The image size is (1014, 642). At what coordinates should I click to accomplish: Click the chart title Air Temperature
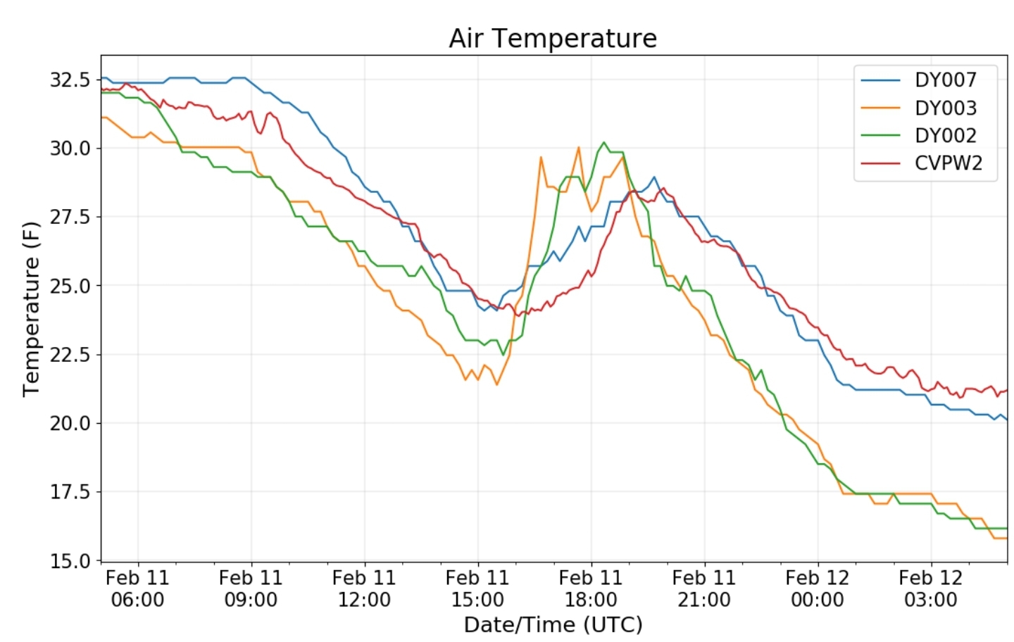click(553, 39)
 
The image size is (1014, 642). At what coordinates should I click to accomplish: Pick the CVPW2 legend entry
click(926, 163)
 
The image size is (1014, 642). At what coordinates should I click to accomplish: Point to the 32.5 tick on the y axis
click(70, 80)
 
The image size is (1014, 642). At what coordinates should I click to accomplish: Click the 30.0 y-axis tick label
click(70, 149)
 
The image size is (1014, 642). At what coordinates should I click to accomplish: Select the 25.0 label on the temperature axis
click(70, 286)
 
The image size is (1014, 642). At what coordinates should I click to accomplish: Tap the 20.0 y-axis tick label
click(70, 424)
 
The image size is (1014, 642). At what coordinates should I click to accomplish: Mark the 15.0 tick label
click(70, 561)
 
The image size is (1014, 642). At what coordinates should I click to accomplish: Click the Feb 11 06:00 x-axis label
click(137, 588)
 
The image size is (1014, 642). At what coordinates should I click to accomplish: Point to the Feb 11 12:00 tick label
click(365, 588)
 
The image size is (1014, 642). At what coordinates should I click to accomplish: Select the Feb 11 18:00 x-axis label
click(591, 588)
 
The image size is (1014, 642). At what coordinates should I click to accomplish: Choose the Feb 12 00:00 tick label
click(818, 588)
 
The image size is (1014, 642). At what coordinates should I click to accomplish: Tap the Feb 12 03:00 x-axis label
click(931, 588)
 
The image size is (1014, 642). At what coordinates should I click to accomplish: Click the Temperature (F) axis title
click(31, 309)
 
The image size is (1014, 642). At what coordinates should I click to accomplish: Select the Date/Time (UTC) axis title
click(553, 625)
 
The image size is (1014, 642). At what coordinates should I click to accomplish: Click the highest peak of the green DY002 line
click(603, 142)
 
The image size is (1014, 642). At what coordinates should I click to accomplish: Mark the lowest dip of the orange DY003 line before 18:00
click(496, 384)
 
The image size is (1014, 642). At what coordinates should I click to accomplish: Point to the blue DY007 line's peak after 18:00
click(653, 177)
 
